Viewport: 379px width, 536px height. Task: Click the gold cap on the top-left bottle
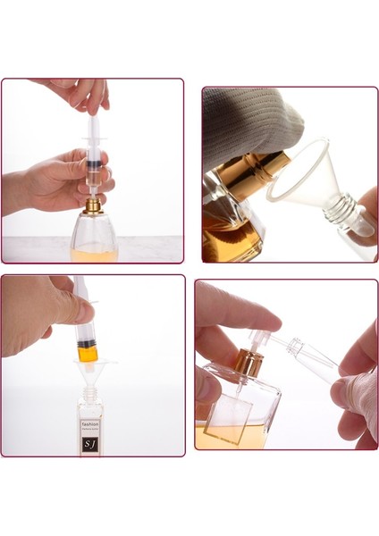click(x=92, y=206)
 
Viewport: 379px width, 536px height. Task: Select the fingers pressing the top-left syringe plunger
click(x=85, y=93)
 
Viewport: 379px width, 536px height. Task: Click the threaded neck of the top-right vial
click(x=345, y=214)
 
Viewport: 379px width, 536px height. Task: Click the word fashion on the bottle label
click(x=91, y=425)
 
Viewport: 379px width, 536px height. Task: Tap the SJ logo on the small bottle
click(x=90, y=442)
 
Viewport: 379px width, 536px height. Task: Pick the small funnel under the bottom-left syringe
click(x=89, y=366)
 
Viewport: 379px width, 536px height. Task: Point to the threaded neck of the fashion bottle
click(x=89, y=394)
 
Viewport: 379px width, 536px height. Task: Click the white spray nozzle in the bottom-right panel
click(x=261, y=340)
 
